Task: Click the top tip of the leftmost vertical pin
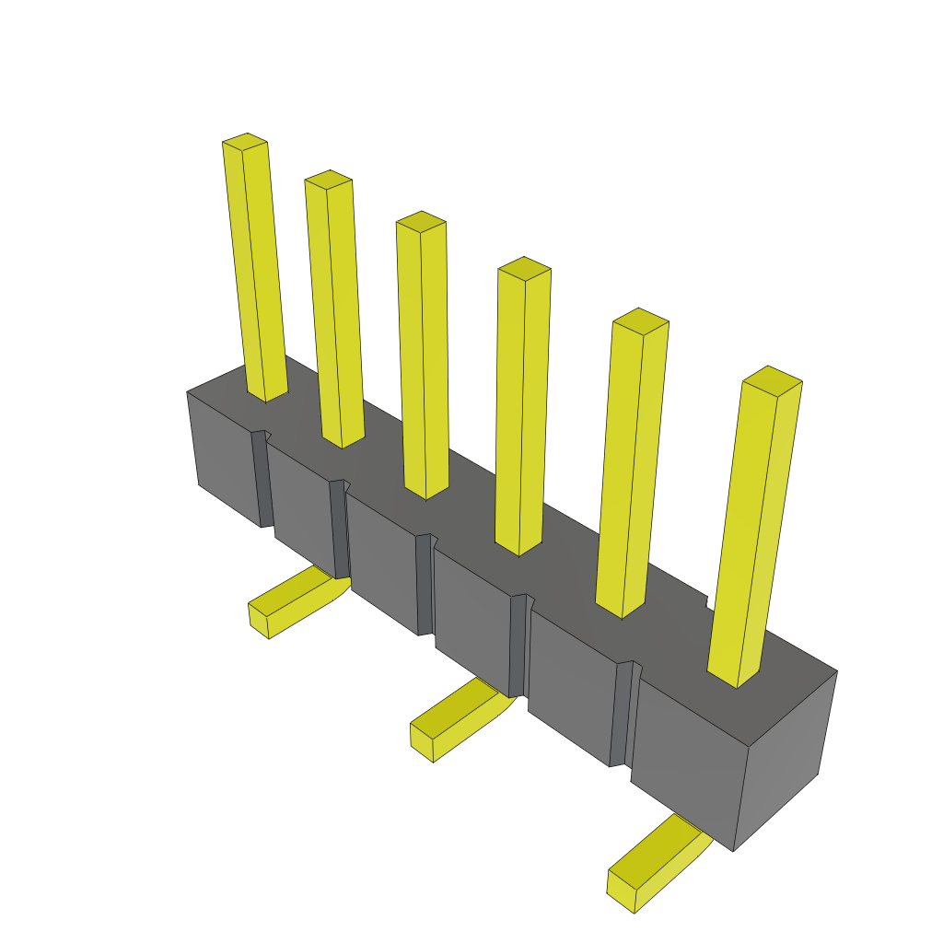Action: (245, 142)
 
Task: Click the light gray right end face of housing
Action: (783, 764)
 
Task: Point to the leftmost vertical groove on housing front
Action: (262, 479)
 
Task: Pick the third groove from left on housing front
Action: (425, 585)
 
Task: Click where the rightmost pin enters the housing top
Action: (737, 676)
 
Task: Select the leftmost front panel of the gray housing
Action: (221, 456)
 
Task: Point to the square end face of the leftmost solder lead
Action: (258, 619)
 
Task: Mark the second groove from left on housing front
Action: (339, 530)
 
